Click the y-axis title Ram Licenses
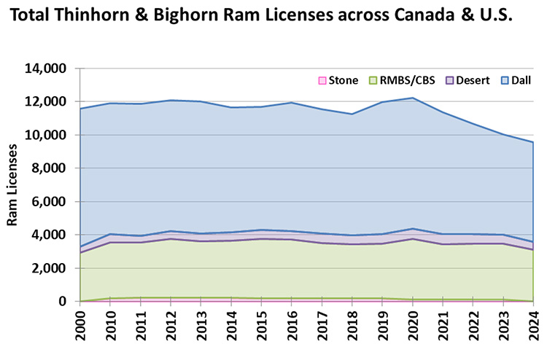12,185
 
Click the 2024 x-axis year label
534,329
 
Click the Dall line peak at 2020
413,98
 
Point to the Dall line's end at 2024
533,142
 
